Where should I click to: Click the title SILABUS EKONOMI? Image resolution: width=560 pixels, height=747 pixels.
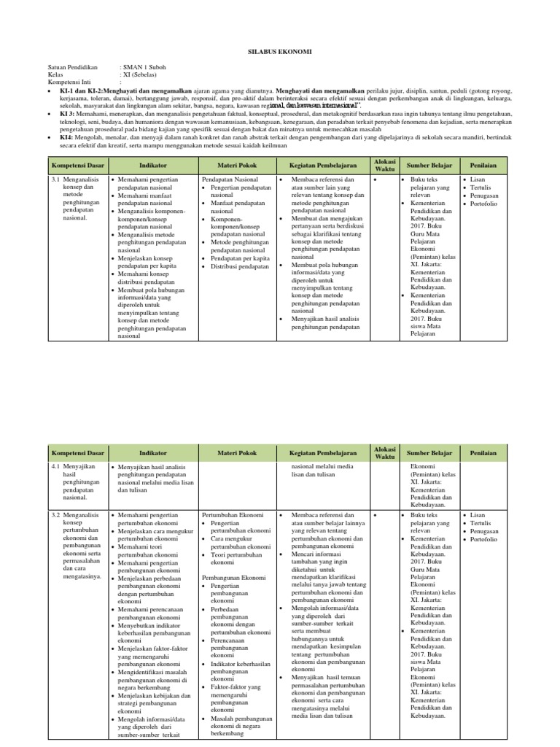(280, 53)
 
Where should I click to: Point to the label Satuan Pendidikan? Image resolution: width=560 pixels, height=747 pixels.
(72, 66)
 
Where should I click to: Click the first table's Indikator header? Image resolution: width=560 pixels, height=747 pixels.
(153, 166)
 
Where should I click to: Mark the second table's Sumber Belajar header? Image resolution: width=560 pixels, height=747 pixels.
(429, 454)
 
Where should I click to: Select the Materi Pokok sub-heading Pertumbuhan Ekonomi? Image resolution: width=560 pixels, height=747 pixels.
(230, 515)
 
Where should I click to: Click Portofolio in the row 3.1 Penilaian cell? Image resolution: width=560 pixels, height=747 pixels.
(484, 204)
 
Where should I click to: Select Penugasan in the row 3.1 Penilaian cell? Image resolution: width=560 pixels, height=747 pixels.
(485, 196)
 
